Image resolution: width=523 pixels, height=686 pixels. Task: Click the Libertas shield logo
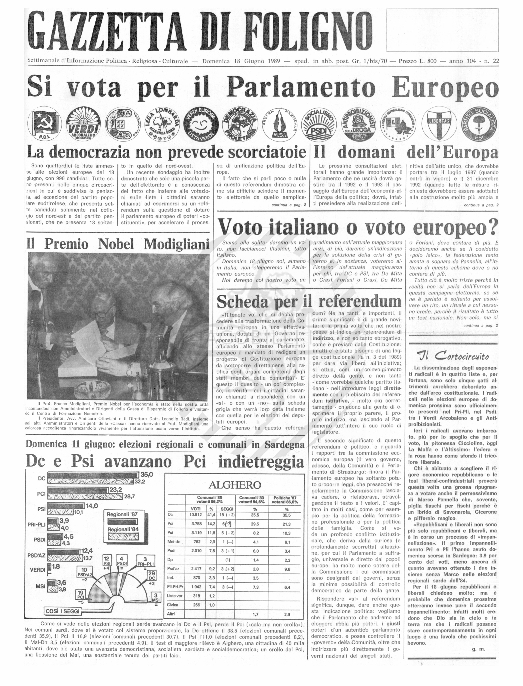coord(441,124)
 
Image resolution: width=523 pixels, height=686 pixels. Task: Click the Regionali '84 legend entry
coord(122,529)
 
